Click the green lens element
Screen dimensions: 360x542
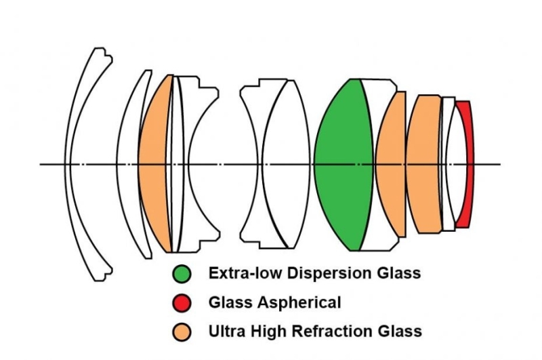click(342, 164)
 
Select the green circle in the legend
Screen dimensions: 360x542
click(181, 273)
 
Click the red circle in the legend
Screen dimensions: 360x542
click(181, 302)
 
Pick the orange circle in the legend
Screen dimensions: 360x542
click(181, 332)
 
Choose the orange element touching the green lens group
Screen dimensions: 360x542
click(392, 164)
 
